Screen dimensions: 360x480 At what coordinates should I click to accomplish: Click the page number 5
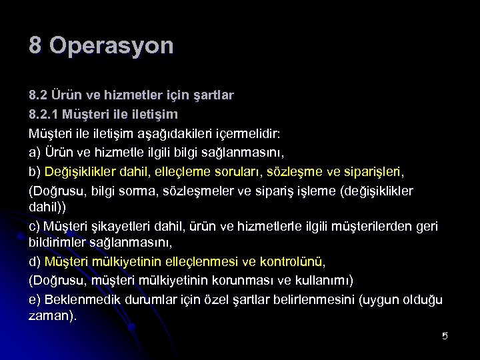pyautogui.click(x=445, y=335)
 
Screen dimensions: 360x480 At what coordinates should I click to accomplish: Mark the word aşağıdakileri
pyautogui.click(x=192, y=133)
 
